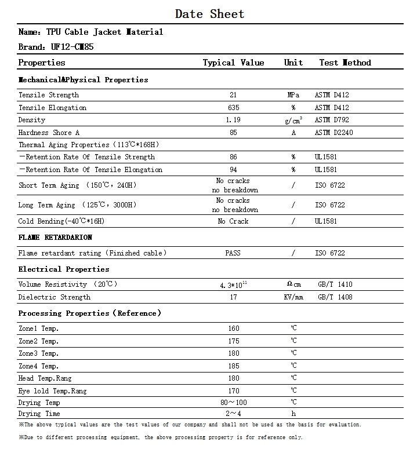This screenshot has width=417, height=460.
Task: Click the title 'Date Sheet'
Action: (x=209, y=14)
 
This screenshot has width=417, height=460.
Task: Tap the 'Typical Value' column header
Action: (x=233, y=63)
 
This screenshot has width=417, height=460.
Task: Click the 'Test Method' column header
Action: (x=345, y=63)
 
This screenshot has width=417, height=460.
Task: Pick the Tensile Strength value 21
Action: (x=233, y=95)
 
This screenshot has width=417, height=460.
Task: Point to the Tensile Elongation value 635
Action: (x=233, y=108)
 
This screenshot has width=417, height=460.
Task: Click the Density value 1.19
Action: (x=233, y=120)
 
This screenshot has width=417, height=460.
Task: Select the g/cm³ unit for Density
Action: (x=293, y=120)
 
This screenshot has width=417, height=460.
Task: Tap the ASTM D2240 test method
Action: (x=333, y=133)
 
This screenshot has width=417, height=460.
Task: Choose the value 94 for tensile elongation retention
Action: (x=233, y=170)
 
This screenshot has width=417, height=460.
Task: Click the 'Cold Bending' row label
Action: (x=61, y=221)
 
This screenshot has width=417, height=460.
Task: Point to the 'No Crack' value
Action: (x=233, y=221)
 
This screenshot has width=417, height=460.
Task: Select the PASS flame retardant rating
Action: (x=233, y=253)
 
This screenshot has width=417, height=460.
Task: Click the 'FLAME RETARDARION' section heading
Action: (x=55, y=238)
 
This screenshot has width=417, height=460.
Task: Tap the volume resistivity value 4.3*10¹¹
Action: (x=233, y=284)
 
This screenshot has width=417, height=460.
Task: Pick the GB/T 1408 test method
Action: (x=335, y=297)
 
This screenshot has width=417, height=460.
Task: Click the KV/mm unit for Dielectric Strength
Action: (x=293, y=297)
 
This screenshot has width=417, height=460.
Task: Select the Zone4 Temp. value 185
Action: (x=233, y=366)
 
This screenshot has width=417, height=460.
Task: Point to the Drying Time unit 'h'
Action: (x=293, y=414)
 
